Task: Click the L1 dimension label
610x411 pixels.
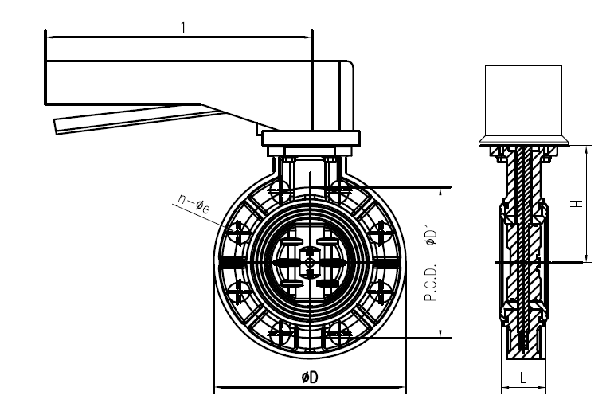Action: pos(179,27)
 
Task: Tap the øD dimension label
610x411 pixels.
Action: pos(310,378)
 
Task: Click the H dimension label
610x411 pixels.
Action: pos(579,204)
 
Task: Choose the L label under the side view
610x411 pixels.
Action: pos(523,379)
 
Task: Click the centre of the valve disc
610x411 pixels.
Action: pos(309,261)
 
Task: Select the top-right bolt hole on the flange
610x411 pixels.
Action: pos(341,191)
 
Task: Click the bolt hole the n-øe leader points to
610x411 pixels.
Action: pos(237,233)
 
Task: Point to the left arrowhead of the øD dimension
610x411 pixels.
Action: pos(217,389)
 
